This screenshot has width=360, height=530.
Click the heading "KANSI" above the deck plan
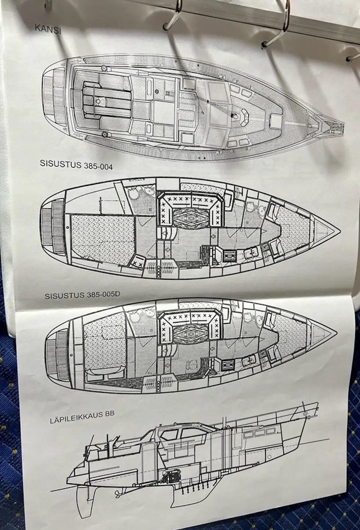click(48, 29)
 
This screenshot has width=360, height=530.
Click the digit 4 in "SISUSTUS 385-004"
click(110, 167)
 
